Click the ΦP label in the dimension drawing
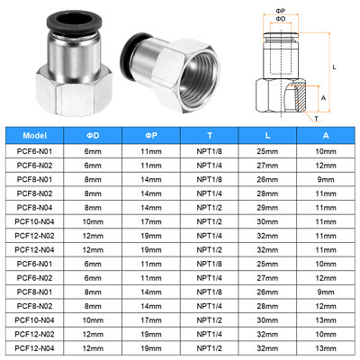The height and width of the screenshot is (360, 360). point(283,7)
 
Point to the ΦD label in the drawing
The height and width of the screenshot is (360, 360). point(283,17)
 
